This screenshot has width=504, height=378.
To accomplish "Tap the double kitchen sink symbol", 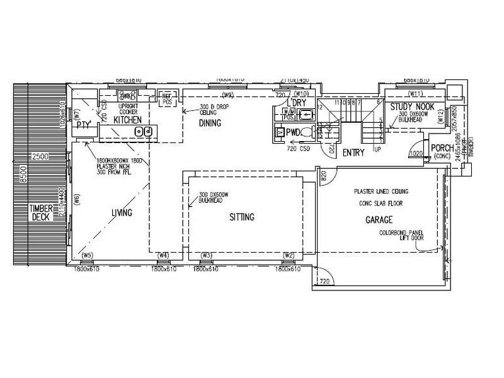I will pos(142,132).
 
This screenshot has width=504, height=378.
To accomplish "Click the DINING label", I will pos(209,123).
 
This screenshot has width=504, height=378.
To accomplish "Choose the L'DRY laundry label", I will pos(297,103).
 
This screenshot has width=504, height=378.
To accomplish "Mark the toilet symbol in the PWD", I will pos(306,133).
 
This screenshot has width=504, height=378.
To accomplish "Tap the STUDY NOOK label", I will pos(409,107).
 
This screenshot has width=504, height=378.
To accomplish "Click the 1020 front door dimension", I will pos(415,153).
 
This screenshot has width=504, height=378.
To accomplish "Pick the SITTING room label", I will pos(241,217).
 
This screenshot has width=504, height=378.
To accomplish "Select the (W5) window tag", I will pos(88,255).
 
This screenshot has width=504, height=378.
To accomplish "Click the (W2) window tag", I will pos(289,255).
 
